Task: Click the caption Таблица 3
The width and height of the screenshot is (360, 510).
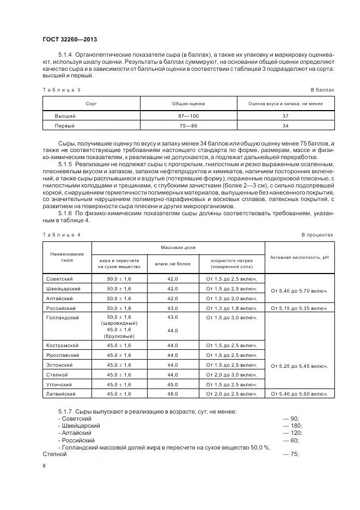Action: coord(61,89)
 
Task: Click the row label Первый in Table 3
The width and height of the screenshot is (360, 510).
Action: coord(65,125)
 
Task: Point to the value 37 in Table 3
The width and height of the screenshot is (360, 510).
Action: coord(285,116)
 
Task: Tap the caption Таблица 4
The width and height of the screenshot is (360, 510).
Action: coord(61,234)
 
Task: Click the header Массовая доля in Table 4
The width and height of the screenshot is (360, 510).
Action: coord(177,247)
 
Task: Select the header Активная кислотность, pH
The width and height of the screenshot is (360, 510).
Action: coord(299,257)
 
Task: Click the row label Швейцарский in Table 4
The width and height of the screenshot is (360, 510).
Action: coord(64,288)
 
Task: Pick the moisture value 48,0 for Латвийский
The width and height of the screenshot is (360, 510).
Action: coord(173,393)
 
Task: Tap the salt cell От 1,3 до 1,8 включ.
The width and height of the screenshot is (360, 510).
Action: coord(231,308)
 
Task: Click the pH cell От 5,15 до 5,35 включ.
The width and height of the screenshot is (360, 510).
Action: coord(299,308)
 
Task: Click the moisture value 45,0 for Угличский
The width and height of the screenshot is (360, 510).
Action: coord(173,384)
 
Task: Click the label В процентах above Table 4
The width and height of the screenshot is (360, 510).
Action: coord(317,234)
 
